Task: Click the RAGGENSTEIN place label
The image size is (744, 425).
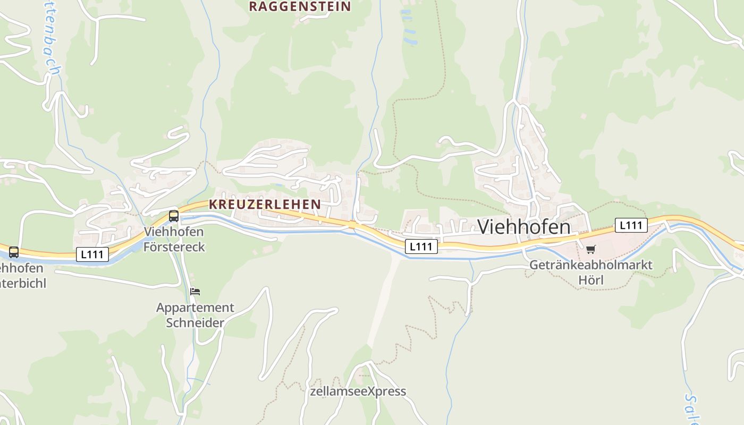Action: tap(300, 6)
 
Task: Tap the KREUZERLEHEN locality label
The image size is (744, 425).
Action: tap(265, 204)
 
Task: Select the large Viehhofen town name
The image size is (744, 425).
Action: tap(524, 227)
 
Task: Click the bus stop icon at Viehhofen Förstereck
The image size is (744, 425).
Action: tap(174, 216)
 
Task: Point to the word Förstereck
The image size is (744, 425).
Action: tap(174, 247)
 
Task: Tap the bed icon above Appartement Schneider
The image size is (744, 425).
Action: tap(195, 291)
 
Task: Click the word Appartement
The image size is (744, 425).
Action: tap(195, 308)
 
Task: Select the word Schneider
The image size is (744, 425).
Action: tap(195, 322)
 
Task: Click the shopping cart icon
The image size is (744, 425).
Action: tap(591, 249)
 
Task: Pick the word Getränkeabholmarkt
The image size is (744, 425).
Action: tap(591, 265)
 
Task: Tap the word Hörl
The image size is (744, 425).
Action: tap(591, 279)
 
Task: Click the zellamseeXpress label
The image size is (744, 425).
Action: tap(358, 392)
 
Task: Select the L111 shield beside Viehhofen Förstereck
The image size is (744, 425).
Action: tap(92, 254)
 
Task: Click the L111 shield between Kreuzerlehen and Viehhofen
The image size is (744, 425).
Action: tap(421, 246)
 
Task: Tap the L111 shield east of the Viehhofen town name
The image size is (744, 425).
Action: tap(631, 225)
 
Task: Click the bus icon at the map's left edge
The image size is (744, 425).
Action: tap(14, 252)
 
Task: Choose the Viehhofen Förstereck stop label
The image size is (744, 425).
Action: tap(174, 240)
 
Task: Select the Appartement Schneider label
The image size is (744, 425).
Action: tap(195, 315)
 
